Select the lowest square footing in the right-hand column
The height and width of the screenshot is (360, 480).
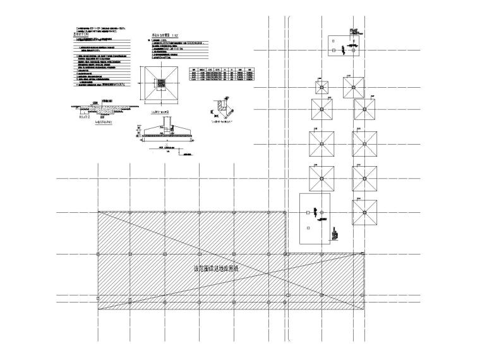(364, 212)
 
